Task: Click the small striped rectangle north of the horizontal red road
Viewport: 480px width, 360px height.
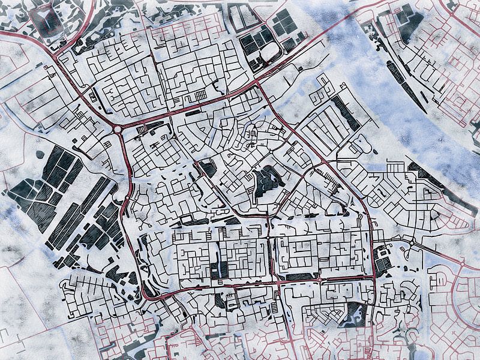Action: tap(199, 96)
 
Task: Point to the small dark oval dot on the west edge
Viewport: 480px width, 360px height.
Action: tap(40, 154)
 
